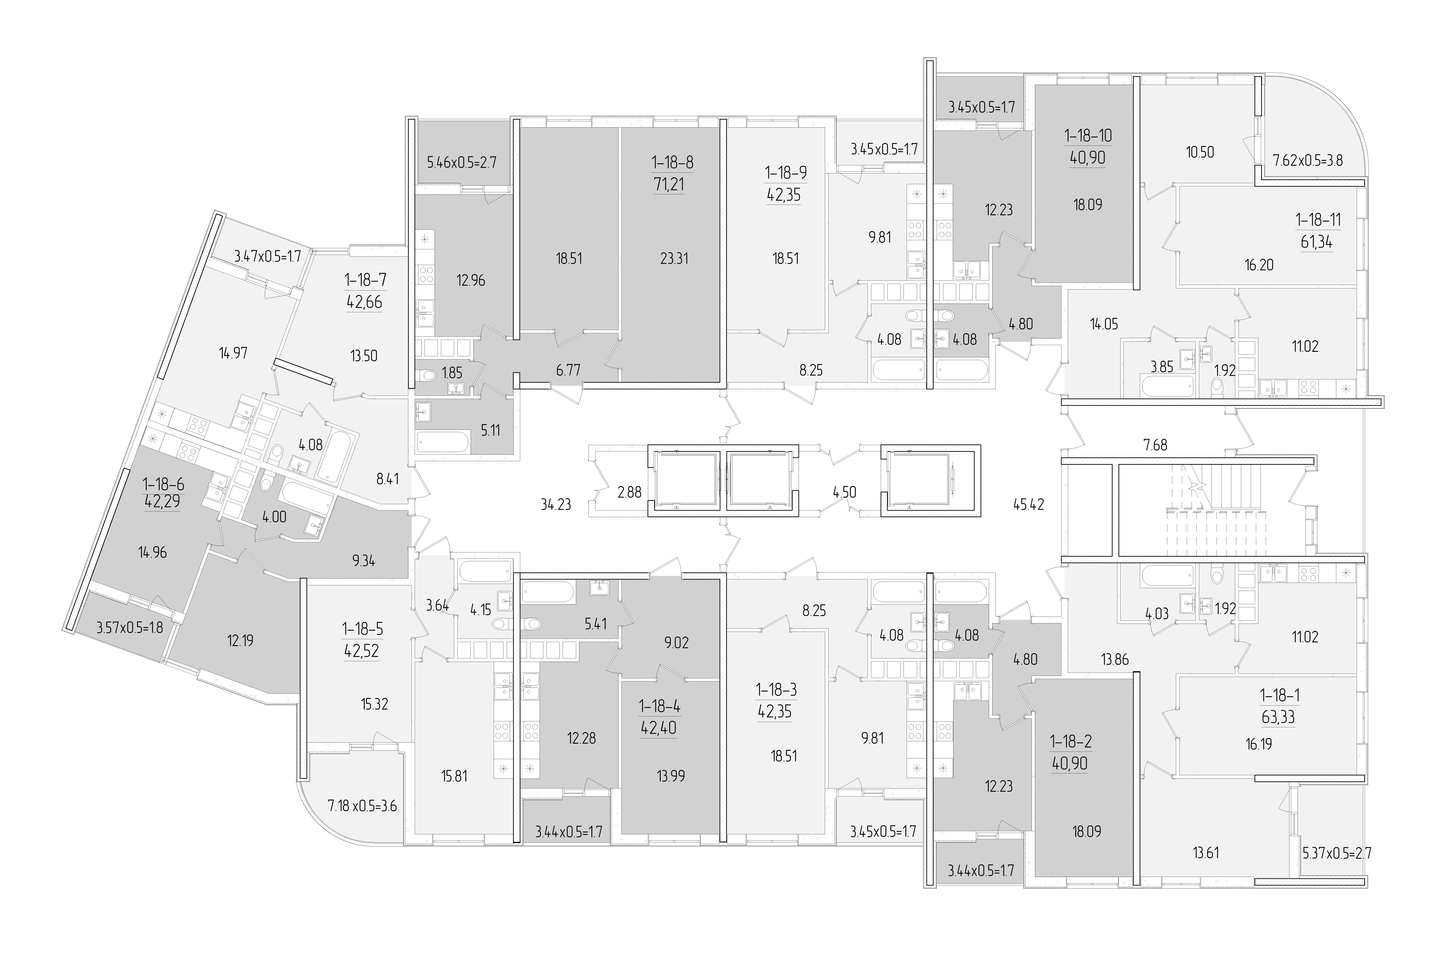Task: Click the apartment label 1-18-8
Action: (673, 163)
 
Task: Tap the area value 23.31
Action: (674, 259)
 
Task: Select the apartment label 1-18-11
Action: (1318, 220)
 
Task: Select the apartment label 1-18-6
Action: (164, 485)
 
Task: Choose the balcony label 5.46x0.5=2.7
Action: (461, 163)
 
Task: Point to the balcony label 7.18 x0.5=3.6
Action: (363, 806)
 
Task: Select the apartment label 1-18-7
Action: (365, 280)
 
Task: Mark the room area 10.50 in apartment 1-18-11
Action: (1200, 152)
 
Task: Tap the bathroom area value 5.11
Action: (489, 430)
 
